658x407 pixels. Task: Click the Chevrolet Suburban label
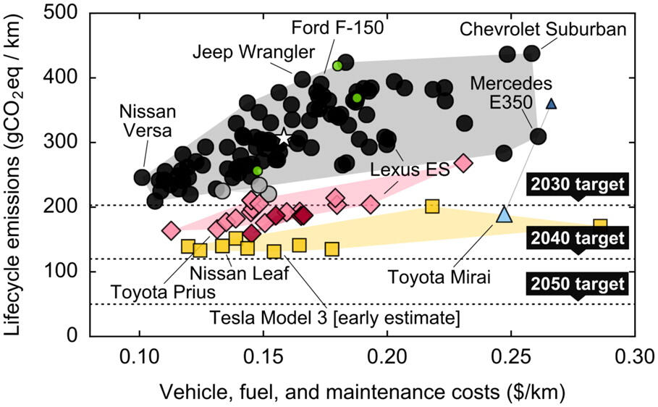coord(543,30)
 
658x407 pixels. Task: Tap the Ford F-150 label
coord(337,27)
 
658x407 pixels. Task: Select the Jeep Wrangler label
coord(254,52)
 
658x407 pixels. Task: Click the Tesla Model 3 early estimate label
coord(335,317)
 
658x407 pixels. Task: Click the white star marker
coord(284,136)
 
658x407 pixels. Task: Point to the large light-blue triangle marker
coord(505,214)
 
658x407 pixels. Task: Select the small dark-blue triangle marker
coord(551,104)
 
